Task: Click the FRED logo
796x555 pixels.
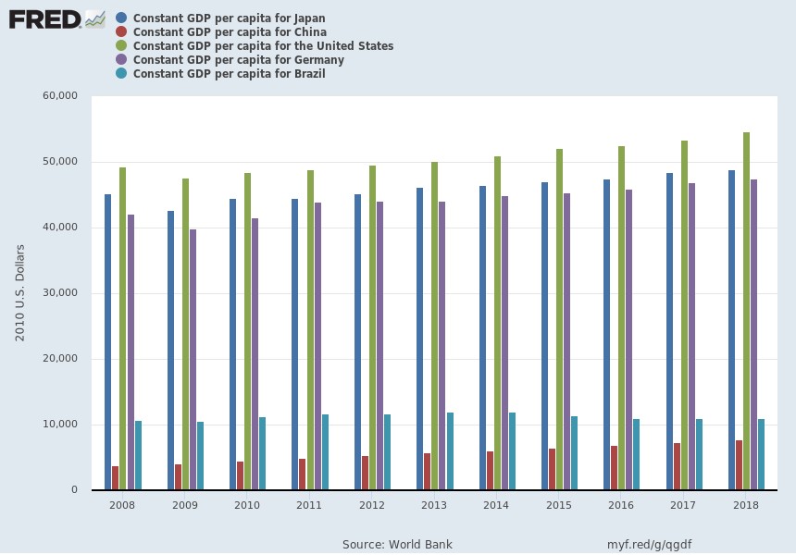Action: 56,18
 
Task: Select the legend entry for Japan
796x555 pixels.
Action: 229,18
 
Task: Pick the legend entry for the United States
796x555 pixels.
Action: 263,46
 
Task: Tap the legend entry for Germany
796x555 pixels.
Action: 238,60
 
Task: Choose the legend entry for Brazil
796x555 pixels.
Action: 229,74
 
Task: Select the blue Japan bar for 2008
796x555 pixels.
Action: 107,341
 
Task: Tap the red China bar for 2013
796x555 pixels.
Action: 428,471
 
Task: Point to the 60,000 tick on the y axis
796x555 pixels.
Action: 59,96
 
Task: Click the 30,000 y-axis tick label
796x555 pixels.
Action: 59,293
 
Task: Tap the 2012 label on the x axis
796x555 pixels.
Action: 372,505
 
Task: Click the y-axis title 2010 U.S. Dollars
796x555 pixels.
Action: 20,292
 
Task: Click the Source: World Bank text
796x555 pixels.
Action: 397,544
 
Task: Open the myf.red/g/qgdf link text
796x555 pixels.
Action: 649,544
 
